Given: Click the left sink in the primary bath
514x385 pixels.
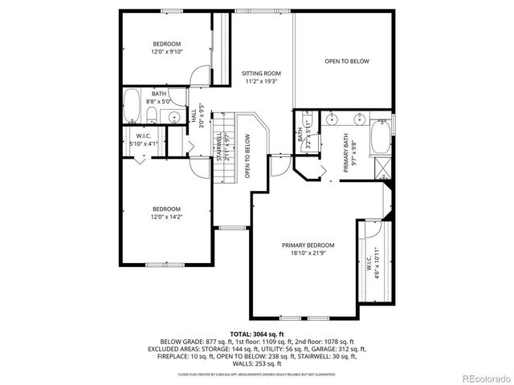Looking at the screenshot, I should click(332, 123).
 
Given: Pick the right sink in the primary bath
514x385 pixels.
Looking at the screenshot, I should click(358, 123).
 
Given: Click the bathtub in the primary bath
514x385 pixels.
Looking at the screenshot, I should click(381, 136).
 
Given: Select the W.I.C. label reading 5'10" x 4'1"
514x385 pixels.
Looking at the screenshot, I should click(145, 140).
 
